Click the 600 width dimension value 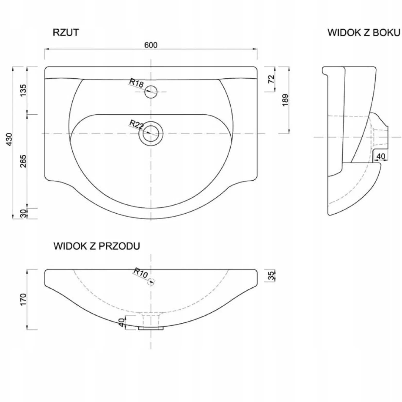(151, 45)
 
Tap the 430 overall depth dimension (9, 139)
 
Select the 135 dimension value (23, 90)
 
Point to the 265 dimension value (23, 161)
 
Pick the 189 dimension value (285, 100)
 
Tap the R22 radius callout (136, 125)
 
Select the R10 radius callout (141, 273)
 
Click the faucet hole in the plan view (151, 91)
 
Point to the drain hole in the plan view (151, 133)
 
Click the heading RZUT (66, 32)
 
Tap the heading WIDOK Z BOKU (364, 33)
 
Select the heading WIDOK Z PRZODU (97, 246)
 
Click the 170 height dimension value (23, 299)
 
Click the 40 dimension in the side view (381, 156)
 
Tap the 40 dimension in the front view (121, 322)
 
